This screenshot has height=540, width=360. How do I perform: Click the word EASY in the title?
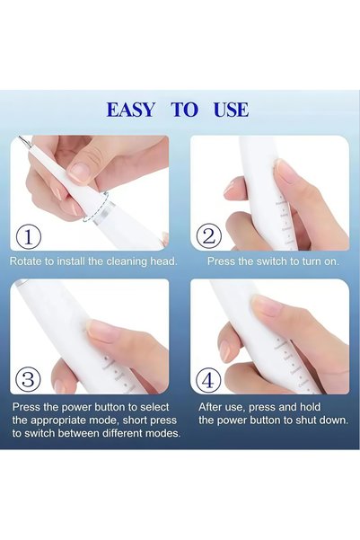coord(130,110)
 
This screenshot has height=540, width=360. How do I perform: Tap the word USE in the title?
coord(231,110)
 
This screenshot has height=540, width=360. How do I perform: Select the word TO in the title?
coord(185,110)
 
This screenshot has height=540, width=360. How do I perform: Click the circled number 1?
coord(29,237)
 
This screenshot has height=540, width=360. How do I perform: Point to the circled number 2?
coord(209,237)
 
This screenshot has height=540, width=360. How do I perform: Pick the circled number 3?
coord(29,380)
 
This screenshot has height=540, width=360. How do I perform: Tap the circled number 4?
coord(208,380)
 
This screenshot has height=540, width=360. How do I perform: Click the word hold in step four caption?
coord(310,407)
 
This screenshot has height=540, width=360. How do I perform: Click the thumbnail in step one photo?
coord(79,171)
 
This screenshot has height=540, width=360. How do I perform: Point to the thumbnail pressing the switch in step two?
coord(287,173)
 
